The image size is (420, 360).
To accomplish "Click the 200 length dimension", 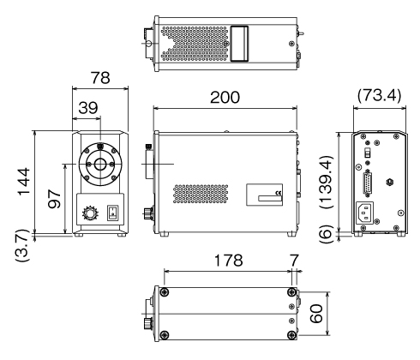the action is (225, 98).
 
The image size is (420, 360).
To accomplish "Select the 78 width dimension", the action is (100, 78).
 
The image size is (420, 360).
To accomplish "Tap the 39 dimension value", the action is (88, 108).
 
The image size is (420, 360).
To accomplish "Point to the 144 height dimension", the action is (24, 182).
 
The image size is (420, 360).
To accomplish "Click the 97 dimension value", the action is (54, 198).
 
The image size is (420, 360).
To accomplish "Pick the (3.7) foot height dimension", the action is (22, 245).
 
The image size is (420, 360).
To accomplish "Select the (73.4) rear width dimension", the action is (379, 95).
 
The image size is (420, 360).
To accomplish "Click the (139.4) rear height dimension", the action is (326, 182).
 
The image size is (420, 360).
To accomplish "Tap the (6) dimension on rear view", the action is (326, 234).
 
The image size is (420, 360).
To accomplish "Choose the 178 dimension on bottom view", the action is (228, 261).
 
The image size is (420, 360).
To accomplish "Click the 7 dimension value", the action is (294, 261).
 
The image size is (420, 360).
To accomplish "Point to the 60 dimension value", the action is (316, 314).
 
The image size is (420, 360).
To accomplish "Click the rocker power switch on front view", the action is (112, 213).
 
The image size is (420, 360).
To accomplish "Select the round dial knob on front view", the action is (90, 213).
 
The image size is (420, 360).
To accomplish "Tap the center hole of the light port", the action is (100, 165).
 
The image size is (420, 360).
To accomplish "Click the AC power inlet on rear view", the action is (364, 213).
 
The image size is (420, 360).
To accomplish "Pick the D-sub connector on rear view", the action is (368, 183).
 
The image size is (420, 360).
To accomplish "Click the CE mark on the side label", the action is (279, 193).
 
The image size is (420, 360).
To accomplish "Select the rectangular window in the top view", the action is (239, 44).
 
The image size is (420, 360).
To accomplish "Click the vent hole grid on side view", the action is (201, 194).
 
